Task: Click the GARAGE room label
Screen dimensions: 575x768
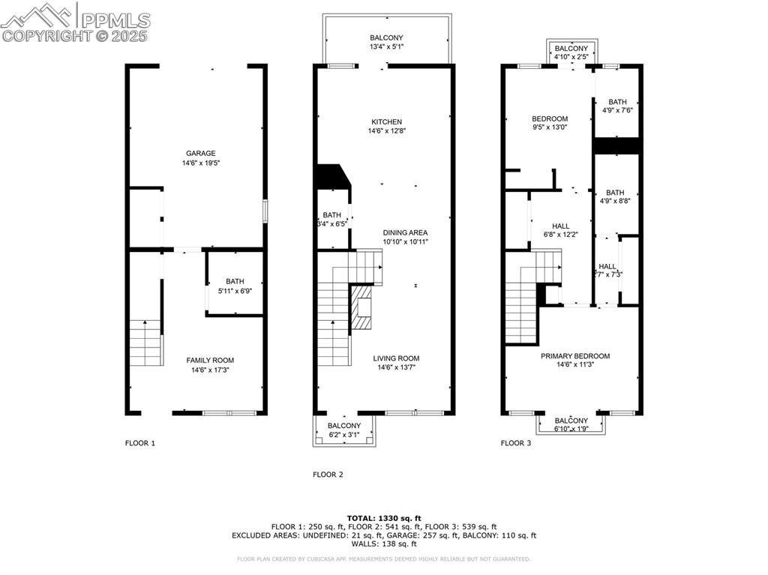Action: [201, 153]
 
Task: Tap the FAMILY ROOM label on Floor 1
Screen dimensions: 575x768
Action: [210, 361]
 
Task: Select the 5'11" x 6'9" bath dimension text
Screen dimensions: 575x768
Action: [235, 291]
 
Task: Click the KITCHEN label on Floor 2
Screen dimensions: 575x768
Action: [386, 122]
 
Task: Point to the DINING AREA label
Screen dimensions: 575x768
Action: [405, 232]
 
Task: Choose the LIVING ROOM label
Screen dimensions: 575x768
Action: [396, 358]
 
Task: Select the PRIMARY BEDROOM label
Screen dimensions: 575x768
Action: [575, 356]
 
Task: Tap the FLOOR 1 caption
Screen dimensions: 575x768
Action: [139, 443]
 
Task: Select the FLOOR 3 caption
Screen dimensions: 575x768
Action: [516, 443]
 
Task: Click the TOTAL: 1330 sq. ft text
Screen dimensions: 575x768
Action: [384, 518]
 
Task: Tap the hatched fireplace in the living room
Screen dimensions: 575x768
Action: [364, 307]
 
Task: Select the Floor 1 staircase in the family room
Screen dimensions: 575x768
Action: [146, 343]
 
